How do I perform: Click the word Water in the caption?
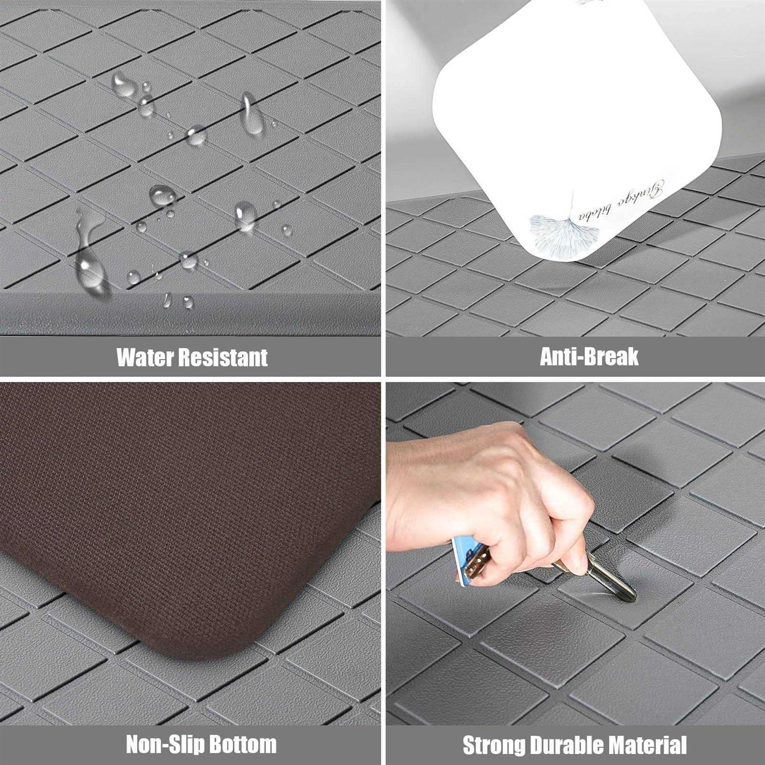pyautogui.click(x=144, y=358)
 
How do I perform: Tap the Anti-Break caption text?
pyautogui.click(x=589, y=356)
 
